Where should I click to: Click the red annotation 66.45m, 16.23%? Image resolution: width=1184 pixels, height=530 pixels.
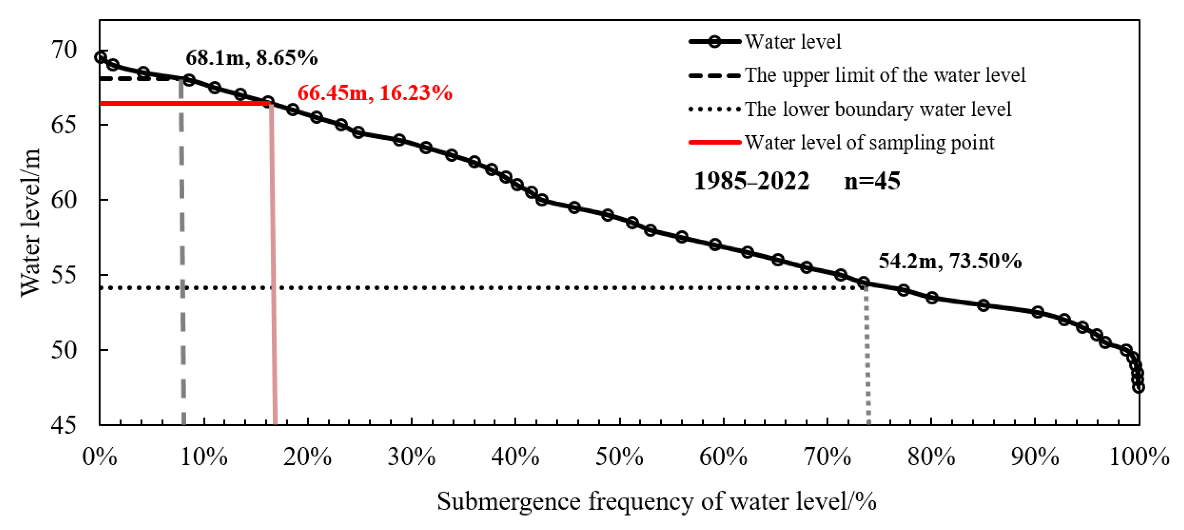click(x=374, y=93)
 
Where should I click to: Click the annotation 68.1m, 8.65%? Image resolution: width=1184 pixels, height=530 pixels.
click(x=251, y=58)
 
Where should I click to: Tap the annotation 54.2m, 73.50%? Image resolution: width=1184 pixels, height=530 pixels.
click(x=950, y=261)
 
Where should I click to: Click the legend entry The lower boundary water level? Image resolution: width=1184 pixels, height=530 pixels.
click(x=877, y=109)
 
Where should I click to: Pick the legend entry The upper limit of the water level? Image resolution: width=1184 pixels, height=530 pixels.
click(x=884, y=75)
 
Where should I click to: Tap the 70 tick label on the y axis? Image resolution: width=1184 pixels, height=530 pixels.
click(x=64, y=50)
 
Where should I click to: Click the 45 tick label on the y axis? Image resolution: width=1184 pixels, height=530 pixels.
click(x=64, y=425)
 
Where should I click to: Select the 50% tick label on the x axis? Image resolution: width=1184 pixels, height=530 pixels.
click(x=619, y=457)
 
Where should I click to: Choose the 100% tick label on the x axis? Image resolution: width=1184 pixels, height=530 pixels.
click(x=1139, y=457)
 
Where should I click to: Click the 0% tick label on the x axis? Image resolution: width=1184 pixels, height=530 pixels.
click(x=100, y=457)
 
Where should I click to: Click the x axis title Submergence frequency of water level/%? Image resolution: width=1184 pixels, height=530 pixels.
click(x=656, y=501)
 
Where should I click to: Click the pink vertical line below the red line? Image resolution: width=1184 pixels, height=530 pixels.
click(x=274, y=275)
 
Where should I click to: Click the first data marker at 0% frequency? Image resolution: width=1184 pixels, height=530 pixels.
click(x=101, y=58)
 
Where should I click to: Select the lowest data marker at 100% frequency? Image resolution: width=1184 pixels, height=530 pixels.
click(x=1139, y=387)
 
